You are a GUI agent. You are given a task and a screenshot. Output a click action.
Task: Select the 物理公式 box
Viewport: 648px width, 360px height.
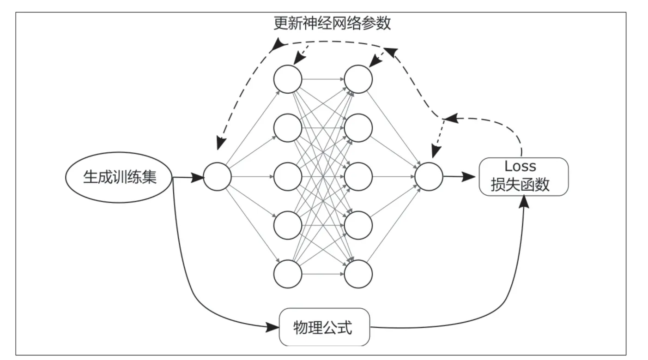(x=324, y=327)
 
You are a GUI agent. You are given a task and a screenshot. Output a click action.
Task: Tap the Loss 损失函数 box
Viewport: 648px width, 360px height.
(x=524, y=177)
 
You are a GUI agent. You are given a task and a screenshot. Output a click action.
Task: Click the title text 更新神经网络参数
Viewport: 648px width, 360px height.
(x=332, y=23)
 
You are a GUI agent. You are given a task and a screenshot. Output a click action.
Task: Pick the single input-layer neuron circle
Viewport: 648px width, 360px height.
(x=217, y=177)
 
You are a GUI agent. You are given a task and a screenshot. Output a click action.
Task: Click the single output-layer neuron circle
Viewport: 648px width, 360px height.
(x=429, y=177)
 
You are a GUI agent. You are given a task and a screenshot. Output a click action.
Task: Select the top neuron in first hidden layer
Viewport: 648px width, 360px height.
(x=288, y=79)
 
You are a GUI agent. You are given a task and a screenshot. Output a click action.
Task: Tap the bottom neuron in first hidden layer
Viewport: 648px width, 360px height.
(x=288, y=274)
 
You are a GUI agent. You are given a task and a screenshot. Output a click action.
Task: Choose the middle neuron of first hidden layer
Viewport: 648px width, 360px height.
(x=288, y=177)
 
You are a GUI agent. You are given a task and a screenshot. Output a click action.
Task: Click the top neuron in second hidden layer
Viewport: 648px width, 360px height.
(x=358, y=79)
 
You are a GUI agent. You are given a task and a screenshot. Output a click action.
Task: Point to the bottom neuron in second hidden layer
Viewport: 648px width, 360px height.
(x=358, y=274)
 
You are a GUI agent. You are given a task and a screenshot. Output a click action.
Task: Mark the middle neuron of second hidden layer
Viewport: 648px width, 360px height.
(x=358, y=177)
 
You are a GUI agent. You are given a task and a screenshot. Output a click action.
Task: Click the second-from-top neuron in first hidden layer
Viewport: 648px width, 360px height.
(x=288, y=128)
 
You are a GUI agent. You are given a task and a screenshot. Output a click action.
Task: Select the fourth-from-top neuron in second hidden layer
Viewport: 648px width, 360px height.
(x=358, y=225)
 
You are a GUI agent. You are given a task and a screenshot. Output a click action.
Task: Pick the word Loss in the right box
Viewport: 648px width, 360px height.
(x=520, y=166)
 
